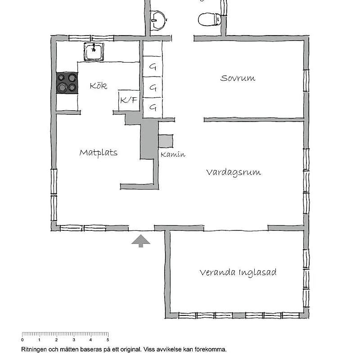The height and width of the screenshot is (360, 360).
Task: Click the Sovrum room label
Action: [238, 78]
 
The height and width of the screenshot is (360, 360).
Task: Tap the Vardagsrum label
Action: [234, 172]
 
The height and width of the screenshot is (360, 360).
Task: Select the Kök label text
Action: [98, 85]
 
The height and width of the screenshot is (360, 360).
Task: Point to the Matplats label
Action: [98, 153]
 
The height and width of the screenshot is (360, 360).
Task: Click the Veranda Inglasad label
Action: [238, 273]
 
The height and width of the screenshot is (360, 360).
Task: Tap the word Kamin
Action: [173, 154]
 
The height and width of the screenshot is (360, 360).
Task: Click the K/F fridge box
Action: [129, 100]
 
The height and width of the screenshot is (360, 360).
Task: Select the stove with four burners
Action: [67, 83]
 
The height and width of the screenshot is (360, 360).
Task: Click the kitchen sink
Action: [94, 52]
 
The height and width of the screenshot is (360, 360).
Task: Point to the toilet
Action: [209, 19]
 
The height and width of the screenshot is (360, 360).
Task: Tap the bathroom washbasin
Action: [158, 20]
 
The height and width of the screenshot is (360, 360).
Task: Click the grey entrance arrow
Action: [141, 241]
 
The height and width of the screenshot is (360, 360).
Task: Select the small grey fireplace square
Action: [166, 141]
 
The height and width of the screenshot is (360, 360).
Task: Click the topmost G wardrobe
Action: [153, 66]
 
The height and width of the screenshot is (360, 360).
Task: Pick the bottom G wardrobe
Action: [153, 108]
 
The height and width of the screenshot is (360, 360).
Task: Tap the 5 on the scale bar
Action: [108, 340]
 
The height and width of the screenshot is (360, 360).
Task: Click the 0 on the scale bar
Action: [22, 340]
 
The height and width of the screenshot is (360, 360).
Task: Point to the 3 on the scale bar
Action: [74, 340]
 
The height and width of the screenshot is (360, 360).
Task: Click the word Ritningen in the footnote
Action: [34, 350]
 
